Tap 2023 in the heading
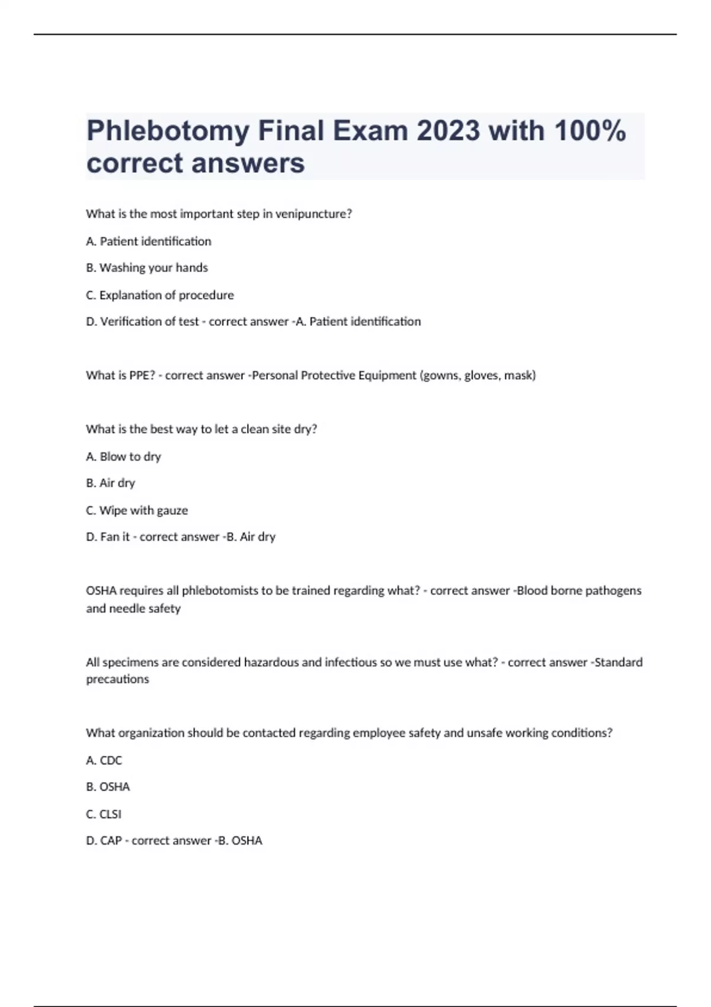448,131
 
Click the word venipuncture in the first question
313,214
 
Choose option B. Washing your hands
147,268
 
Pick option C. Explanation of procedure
160,295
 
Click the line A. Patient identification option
149,241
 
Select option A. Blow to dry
123,457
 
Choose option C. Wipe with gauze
137,510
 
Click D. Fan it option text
108,537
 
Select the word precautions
117,679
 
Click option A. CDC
104,761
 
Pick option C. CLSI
104,814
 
